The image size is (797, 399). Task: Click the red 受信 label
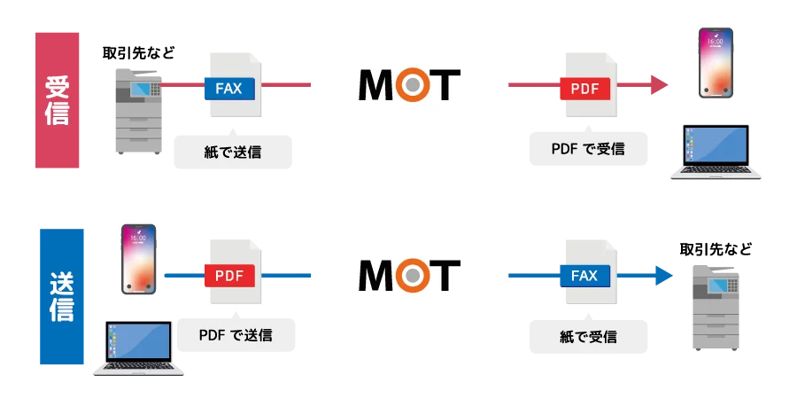tap(58, 99)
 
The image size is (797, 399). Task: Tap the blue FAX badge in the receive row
tap(229, 88)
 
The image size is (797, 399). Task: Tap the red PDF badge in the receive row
tap(584, 88)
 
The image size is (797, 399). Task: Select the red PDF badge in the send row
tap(229, 276)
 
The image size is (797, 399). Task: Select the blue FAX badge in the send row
tap(584, 276)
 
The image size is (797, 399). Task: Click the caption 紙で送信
tap(233, 152)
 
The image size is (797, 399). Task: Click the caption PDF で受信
tap(587, 149)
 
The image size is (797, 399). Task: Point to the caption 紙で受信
tap(588, 336)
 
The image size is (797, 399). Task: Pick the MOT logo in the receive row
tap(407, 85)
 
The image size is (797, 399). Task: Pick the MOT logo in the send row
tap(407, 275)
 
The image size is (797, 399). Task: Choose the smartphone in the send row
tap(139, 258)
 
